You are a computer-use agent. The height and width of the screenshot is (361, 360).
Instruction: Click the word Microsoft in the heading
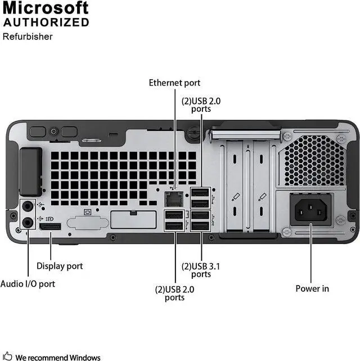click(46, 8)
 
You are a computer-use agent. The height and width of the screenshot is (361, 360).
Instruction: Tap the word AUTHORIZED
click(46, 22)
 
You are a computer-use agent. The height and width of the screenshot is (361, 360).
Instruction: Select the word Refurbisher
click(28, 37)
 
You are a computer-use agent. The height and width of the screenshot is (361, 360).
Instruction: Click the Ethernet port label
click(174, 83)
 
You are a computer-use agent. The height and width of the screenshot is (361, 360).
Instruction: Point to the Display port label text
click(60, 266)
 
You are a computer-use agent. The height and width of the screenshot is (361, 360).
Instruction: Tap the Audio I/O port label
click(28, 284)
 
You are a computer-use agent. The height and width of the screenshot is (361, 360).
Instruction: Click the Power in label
click(312, 288)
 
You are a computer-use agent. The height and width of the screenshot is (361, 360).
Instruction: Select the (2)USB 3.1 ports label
click(201, 270)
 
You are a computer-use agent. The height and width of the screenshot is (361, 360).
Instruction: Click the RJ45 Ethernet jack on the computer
click(173, 197)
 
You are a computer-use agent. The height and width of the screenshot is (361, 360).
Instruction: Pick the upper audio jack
click(25, 206)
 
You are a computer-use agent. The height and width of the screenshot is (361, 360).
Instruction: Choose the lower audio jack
click(25, 221)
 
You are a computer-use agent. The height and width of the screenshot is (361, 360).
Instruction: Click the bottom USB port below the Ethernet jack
click(174, 225)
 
